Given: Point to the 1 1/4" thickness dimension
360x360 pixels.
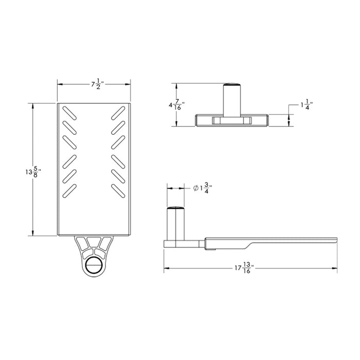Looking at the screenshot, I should pos(306,105).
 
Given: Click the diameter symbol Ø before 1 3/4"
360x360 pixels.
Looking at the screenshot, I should pos(196,189).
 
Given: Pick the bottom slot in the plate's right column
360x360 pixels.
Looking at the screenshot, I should pos(119,190).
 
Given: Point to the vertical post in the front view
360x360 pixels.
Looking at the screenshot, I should pos(231,100).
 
